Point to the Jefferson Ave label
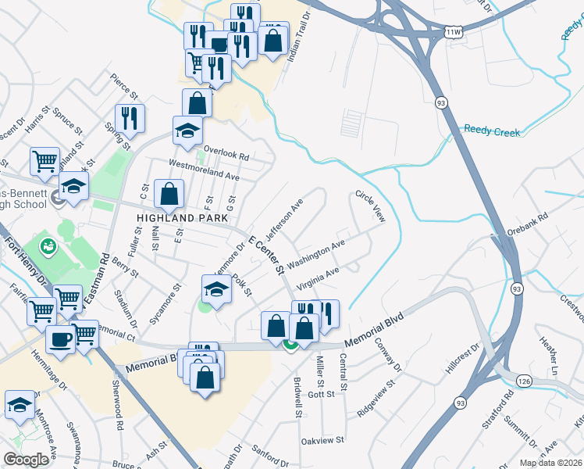coord(284,220)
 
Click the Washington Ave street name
coord(315,255)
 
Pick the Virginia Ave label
coord(318,279)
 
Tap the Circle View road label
coord(370,206)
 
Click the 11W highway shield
coord(454,32)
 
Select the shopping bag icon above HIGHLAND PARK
coord(169,192)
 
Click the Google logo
coord(26,460)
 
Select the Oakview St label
coord(323,441)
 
